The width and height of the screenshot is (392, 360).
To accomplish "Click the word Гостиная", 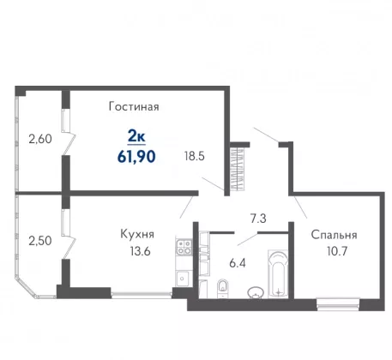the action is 134,106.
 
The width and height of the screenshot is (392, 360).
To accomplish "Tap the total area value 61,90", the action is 136,157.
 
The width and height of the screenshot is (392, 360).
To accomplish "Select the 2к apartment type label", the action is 136,137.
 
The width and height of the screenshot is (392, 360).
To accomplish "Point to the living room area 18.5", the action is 195,156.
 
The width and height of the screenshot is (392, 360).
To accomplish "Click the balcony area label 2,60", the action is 40,139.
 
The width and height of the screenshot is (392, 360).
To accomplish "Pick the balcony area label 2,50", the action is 40,241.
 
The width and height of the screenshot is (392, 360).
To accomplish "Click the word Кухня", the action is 137,234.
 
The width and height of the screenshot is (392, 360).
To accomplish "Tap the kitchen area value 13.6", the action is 140,251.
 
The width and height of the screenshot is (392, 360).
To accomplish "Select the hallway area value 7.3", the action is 258,219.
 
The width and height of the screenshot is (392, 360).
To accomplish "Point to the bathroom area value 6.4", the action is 238,263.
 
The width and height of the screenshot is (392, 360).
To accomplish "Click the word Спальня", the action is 334,235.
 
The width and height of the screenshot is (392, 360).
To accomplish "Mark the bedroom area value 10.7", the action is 337,251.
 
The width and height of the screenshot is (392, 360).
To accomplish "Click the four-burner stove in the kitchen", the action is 184,247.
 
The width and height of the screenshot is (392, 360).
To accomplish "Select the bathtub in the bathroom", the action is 278,274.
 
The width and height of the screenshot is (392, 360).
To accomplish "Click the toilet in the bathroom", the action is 222,286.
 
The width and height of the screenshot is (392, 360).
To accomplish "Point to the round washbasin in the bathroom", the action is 256,292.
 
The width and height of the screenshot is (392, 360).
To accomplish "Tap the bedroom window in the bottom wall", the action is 338,303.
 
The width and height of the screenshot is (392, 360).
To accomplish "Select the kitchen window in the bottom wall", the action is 142,294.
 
